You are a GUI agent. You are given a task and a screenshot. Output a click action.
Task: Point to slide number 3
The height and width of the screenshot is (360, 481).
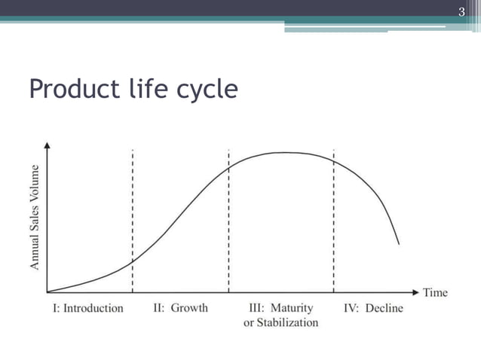(461, 11)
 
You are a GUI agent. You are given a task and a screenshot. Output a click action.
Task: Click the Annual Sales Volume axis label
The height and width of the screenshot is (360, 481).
(35, 218)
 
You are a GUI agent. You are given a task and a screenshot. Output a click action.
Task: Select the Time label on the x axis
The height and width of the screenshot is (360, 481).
(435, 292)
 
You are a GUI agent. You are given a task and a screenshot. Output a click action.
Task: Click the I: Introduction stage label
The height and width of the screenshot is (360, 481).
(88, 308)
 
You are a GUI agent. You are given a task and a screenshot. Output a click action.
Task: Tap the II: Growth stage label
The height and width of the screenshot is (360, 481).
(180, 308)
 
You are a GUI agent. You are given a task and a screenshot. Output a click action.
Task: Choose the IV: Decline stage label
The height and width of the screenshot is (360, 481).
(374, 308)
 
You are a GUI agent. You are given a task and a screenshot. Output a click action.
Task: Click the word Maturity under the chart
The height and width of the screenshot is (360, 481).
(291, 308)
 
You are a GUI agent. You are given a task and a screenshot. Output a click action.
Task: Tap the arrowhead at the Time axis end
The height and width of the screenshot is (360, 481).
(415, 291)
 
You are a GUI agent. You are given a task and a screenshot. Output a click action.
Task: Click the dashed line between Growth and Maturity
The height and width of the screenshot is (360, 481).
(228, 226)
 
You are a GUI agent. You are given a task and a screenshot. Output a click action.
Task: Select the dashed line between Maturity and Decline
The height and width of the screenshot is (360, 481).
(333, 226)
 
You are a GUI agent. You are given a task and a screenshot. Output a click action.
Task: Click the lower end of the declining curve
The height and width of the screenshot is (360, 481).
(399, 244)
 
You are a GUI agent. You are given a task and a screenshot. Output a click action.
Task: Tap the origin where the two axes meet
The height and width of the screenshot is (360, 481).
(47, 291)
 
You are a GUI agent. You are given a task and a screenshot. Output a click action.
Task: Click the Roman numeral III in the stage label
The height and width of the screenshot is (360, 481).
(256, 308)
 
